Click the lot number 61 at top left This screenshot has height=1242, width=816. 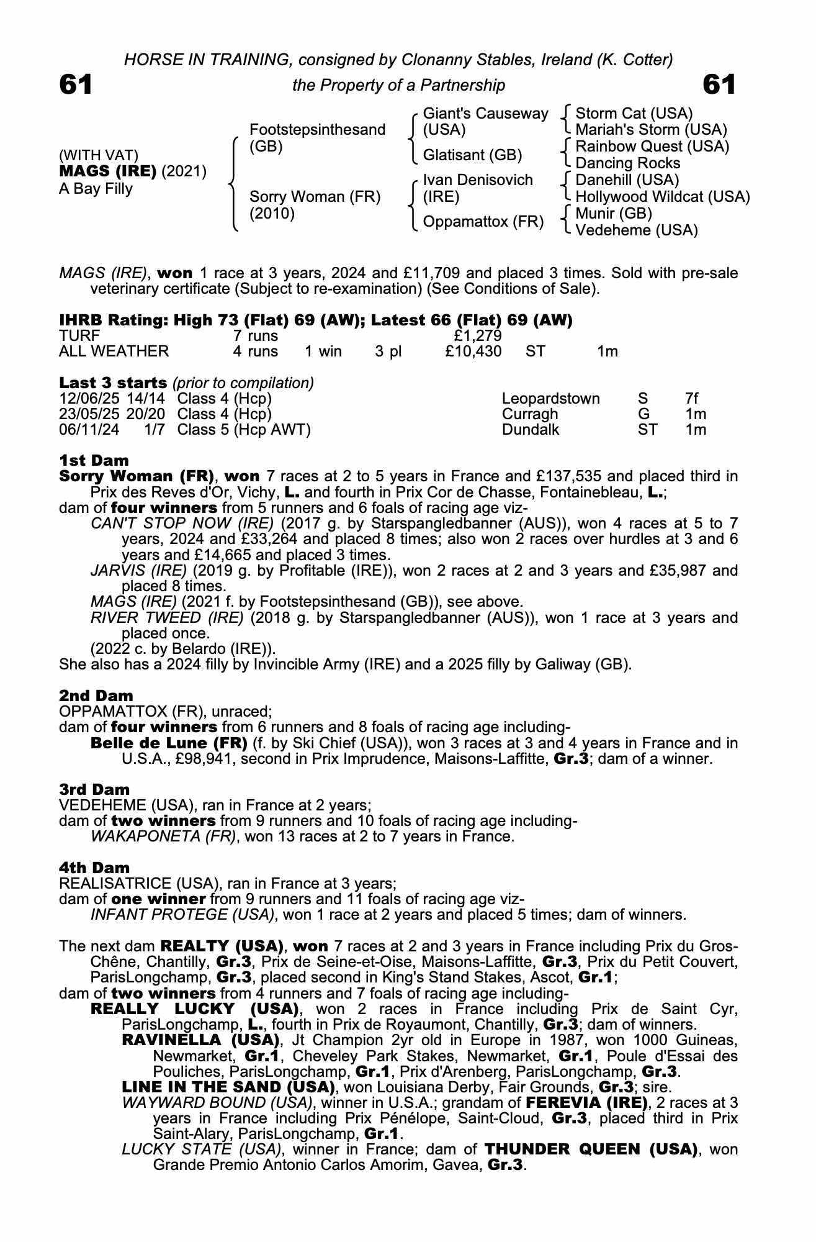point(76,85)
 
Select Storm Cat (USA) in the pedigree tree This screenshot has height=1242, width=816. point(634,114)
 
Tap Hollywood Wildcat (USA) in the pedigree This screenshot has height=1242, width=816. point(662,197)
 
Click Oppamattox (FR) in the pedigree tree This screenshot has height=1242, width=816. point(483,222)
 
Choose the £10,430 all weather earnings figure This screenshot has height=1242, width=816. point(473,351)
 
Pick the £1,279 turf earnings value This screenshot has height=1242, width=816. point(478,336)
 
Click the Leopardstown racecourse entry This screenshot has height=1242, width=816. point(550,398)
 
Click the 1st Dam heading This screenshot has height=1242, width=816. point(94,460)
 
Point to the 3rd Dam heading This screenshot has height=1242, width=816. point(94,789)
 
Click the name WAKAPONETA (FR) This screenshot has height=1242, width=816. point(164,836)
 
